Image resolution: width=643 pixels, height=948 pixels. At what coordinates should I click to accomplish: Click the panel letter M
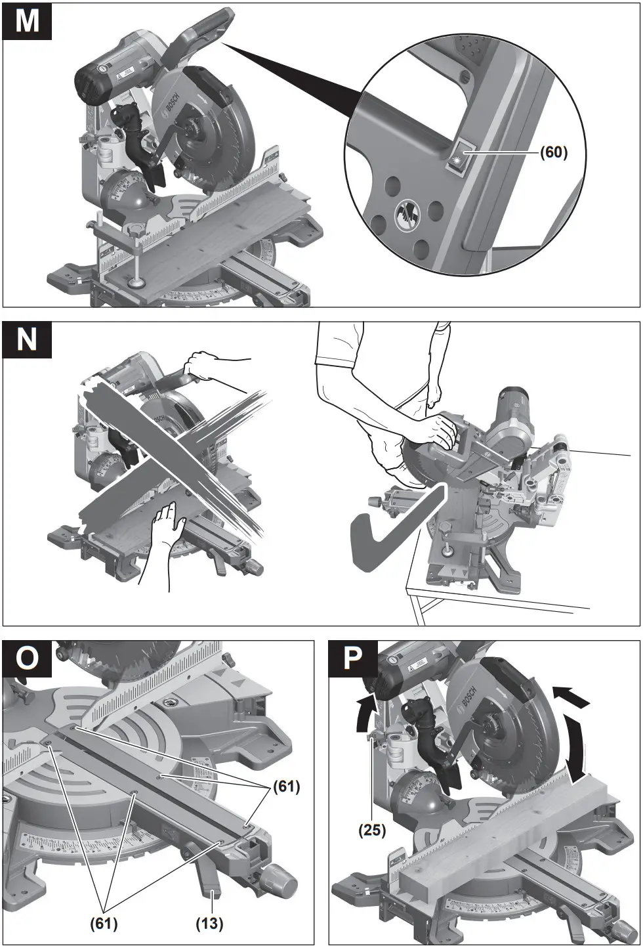click(x=27, y=21)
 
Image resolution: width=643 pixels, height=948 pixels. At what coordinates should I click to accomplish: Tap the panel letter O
click(x=27, y=658)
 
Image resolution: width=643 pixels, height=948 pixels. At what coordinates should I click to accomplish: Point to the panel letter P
click(x=352, y=658)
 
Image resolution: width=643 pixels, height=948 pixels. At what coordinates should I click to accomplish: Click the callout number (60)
click(x=552, y=153)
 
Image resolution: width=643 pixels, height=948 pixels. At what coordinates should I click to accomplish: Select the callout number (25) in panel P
click(x=371, y=830)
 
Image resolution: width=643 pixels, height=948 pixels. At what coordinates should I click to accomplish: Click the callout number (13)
click(x=209, y=924)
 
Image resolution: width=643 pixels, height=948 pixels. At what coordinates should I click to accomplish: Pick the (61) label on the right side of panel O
click(x=285, y=786)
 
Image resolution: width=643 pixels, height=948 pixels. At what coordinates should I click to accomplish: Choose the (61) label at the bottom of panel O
click(x=104, y=924)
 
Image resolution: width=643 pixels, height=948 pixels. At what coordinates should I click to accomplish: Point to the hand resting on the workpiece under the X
click(x=164, y=525)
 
